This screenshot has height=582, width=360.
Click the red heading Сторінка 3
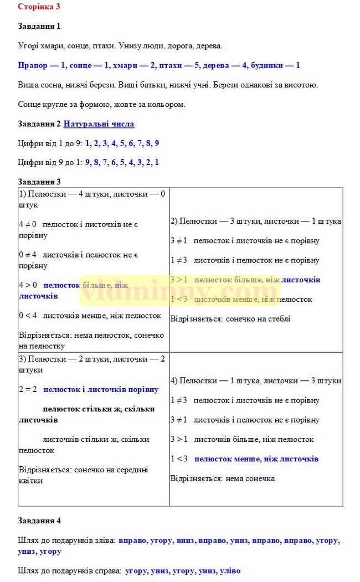[39, 7]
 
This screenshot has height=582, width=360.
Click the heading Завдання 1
[39, 26]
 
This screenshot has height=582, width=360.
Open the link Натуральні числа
[99, 124]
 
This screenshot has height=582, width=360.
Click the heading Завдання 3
[39, 182]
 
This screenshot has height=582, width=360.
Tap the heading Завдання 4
[39, 521]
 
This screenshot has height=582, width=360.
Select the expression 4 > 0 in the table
[28, 285]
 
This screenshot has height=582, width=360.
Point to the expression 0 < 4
[28, 316]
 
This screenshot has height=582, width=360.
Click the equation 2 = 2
[28, 389]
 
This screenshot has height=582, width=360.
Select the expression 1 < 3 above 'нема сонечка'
[179, 459]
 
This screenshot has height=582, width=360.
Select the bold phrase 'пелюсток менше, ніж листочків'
[256, 459]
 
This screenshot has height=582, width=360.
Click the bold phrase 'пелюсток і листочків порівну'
[101, 389]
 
